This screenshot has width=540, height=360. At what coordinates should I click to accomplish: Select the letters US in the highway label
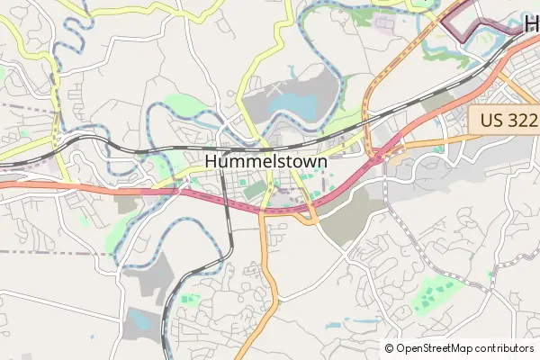[490, 120]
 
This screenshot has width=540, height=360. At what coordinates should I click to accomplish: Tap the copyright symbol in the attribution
[390, 348]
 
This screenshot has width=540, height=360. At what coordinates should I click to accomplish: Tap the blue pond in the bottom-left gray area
[139, 318]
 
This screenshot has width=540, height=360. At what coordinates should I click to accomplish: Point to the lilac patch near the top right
[385, 23]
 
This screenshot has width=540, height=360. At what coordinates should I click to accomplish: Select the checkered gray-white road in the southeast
[423, 243]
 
